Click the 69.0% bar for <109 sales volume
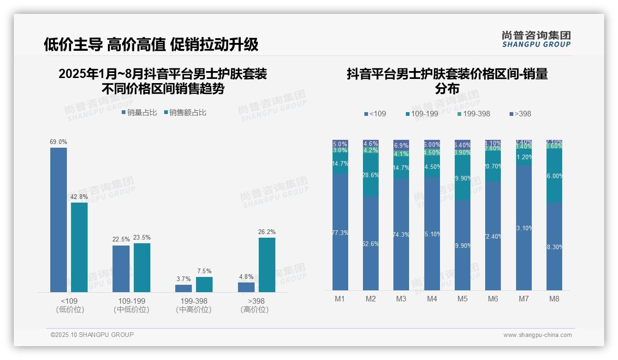coord(59,220)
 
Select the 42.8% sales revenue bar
coord(79,247)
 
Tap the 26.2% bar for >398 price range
coord(267,265)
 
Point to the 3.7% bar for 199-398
coord(184,288)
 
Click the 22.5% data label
coord(121,240)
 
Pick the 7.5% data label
coord(204,271)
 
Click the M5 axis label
coord(462,299)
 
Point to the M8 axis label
coord(554,299)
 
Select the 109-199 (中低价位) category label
coord(131,305)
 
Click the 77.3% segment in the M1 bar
coord(340,232)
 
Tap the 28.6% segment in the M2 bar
coord(371,175)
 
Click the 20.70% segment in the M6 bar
coord(493,166)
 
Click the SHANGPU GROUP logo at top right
coord(536,39)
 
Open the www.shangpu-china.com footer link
coord(537,335)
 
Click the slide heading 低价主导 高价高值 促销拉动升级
coord(151,44)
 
